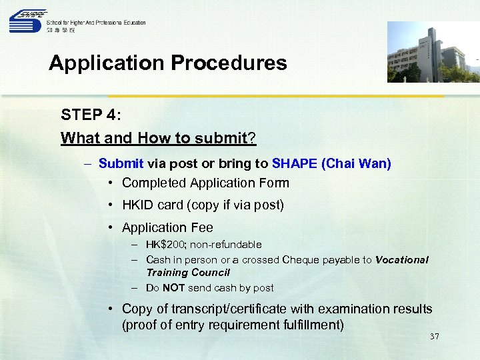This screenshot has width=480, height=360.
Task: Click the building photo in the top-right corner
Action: (433, 52)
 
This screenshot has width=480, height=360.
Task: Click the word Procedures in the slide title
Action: (229, 63)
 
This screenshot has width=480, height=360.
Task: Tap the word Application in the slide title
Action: (107, 63)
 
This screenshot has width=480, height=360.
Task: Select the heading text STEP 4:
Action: (91, 115)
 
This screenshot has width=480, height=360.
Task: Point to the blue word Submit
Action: (121, 163)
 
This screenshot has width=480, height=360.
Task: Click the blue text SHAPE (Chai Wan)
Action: (331, 163)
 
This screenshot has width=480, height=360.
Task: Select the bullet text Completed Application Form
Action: (205, 183)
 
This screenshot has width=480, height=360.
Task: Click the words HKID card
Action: (154, 205)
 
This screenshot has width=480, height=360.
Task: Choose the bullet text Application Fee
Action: (167, 227)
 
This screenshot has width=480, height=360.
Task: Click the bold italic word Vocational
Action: (402, 260)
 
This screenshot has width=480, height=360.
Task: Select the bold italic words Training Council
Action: (187, 273)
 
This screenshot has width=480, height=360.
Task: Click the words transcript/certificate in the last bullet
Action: (231, 309)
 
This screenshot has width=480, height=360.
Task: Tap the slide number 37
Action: (434, 337)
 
